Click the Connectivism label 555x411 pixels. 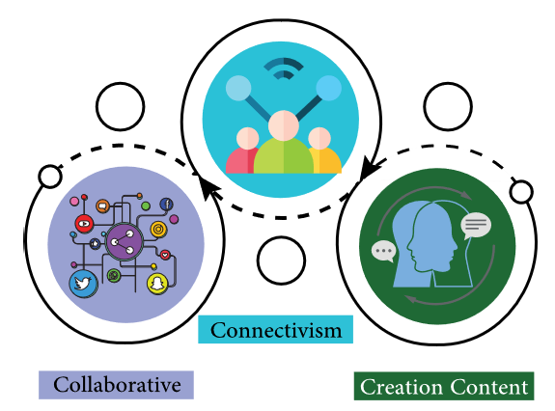point(275,329)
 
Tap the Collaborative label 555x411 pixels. point(116,385)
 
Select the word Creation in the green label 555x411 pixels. point(402,387)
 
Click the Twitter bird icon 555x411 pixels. point(84,284)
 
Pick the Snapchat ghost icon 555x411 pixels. point(157,284)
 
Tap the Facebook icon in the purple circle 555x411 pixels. point(166,205)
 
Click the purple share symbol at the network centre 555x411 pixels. point(124,242)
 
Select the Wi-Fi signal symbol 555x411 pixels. point(284,68)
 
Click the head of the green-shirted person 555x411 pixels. point(284,125)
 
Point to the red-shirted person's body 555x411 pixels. point(241,160)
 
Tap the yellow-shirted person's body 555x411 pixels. point(325,160)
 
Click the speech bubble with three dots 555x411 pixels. point(383,251)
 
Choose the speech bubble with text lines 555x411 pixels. point(476,226)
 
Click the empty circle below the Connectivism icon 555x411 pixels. point(281,260)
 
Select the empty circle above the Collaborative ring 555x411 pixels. point(121,106)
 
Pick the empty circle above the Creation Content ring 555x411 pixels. point(448,106)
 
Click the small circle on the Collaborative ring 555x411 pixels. point(50,177)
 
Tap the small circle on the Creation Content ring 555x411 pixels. point(521,191)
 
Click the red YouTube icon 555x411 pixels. point(84,224)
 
